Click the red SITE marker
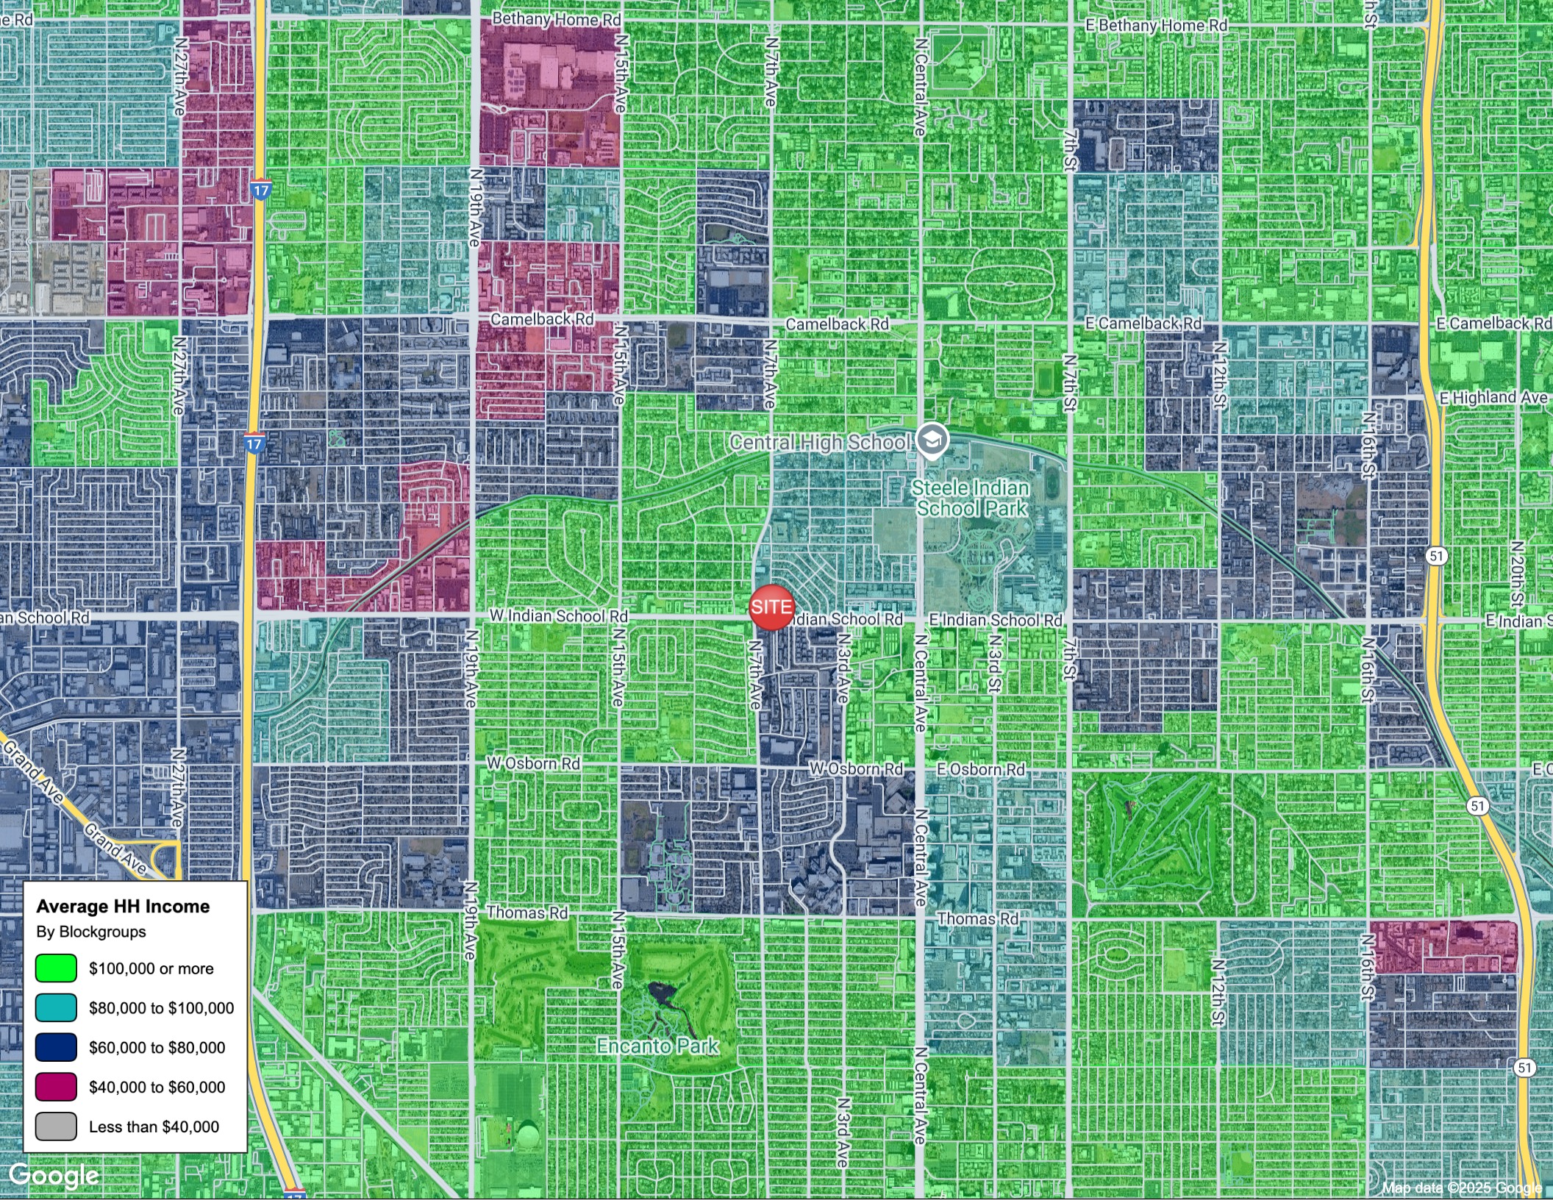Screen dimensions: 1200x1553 tap(771, 607)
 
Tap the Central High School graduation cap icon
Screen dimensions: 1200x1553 tap(932, 441)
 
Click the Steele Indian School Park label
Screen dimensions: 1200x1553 tap(971, 498)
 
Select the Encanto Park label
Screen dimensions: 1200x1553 tap(657, 1046)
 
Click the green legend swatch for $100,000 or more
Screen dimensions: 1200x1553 tap(56, 968)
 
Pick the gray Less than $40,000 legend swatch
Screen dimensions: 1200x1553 tap(56, 1126)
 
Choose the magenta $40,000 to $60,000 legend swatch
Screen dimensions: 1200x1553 tap(56, 1087)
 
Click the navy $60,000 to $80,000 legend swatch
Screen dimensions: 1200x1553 tap(56, 1047)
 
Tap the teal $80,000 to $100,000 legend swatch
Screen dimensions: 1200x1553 tap(56, 1007)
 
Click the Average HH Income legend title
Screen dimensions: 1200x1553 tap(123, 907)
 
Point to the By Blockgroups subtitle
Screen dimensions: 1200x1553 tap(91, 932)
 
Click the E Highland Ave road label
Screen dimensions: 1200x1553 tap(1493, 398)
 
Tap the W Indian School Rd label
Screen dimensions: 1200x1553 tap(559, 616)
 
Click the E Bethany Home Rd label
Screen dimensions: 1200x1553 tap(1156, 26)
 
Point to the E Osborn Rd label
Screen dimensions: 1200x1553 tap(980, 769)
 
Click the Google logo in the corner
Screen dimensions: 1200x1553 tap(54, 1176)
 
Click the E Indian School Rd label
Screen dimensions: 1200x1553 tap(996, 621)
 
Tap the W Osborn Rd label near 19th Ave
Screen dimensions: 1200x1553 tap(533, 763)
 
